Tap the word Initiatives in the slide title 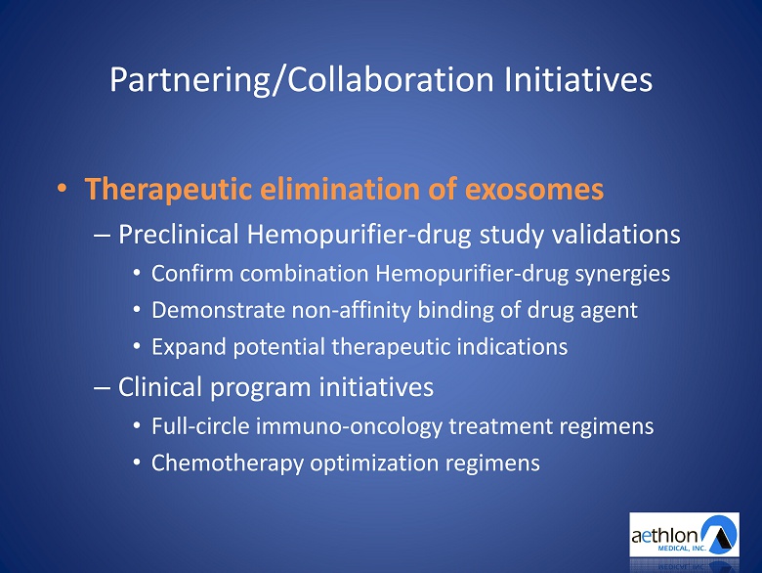click(x=578, y=79)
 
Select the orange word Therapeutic click(x=168, y=190)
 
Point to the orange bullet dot click(x=62, y=189)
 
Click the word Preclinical click(x=179, y=235)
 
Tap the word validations click(x=615, y=234)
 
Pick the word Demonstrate click(x=218, y=310)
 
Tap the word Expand click(x=189, y=347)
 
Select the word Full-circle click(x=200, y=426)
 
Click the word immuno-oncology click(x=349, y=427)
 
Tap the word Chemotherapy click(x=228, y=463)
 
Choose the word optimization click(x=374, y=463)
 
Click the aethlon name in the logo click(x=665, y=536)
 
